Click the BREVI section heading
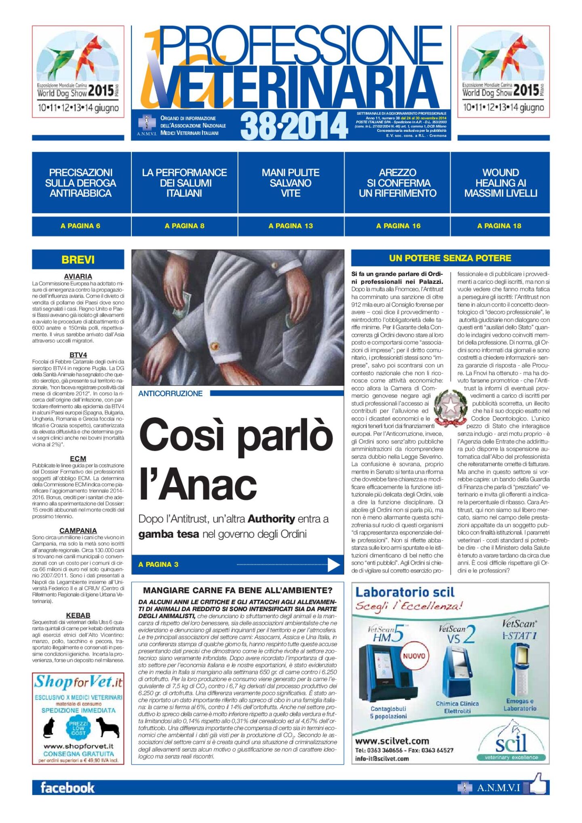coord(78,260)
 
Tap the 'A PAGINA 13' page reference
coord(291,226)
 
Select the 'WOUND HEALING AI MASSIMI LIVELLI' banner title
coord(500,183)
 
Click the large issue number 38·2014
coord(294,126)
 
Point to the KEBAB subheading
coord(78,615)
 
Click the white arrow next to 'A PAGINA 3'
coord(333,565)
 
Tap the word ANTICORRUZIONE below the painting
coord(170,393)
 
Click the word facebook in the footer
coord(67,787)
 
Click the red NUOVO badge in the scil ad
coord(414,656)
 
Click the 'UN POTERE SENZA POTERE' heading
coord(450,258)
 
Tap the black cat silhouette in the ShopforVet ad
coord(49,728)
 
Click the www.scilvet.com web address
coord(392,741)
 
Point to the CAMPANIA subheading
coord(78,530)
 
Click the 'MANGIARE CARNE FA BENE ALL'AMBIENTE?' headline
coord(238,590)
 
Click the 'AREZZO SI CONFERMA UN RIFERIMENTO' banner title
coord(397,183)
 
